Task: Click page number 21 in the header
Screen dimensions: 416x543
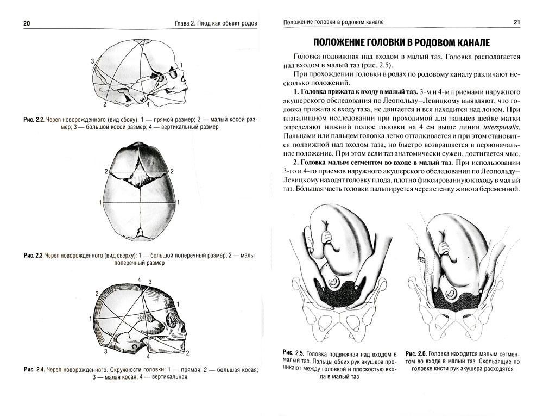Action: coord(516,22)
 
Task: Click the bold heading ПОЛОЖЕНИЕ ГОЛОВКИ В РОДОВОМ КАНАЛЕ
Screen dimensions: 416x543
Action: coord(402,42)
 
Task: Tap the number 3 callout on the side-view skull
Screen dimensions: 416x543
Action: coord(93,60)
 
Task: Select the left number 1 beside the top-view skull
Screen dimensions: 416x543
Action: coord(100,202)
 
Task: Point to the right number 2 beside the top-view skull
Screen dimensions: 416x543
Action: coord(172,172)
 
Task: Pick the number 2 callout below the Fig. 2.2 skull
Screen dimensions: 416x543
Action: coord(105,103)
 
